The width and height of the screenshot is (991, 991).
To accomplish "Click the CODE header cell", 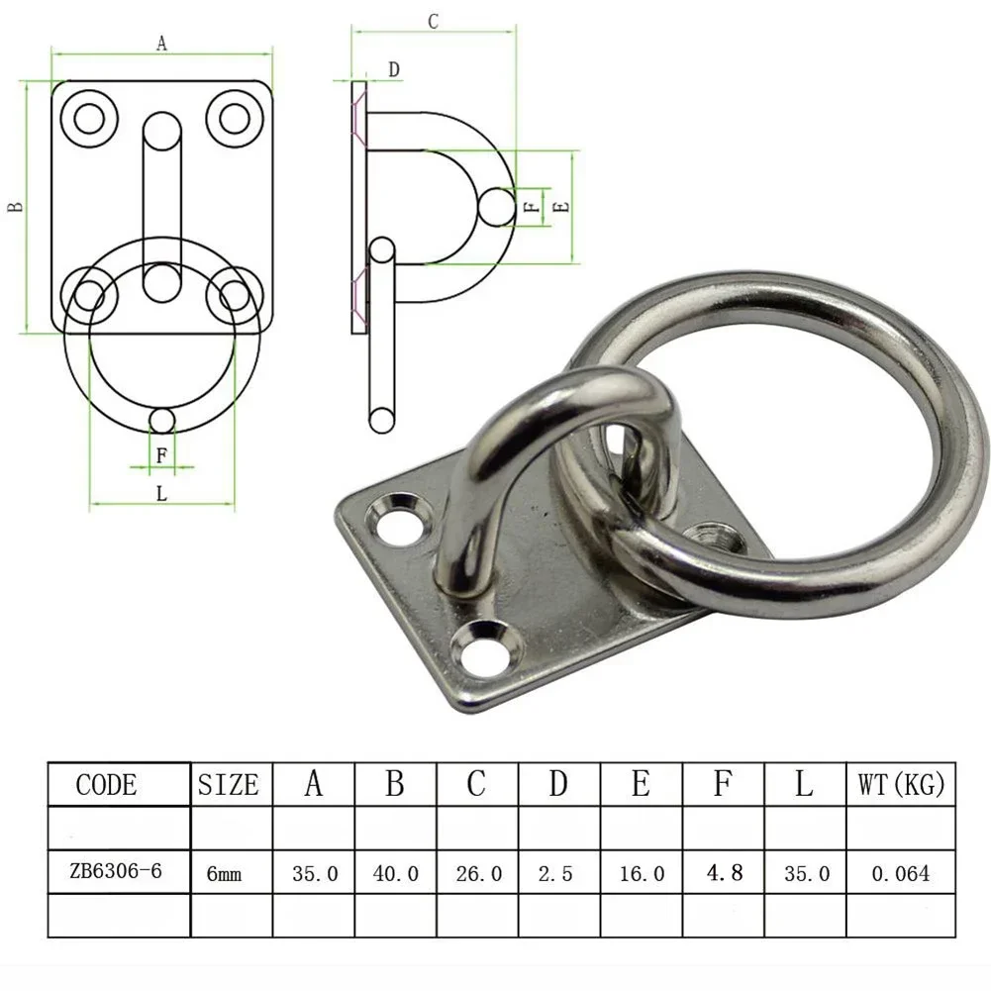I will click(x=107, y=785).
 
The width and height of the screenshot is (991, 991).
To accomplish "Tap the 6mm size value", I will click(x=223, y=874).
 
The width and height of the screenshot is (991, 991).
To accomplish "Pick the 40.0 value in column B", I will click(x=395, y=873).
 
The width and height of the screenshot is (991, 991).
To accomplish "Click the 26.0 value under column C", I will click(x=477, y=873).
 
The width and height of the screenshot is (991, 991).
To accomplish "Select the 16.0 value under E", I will click(x=641, y=873).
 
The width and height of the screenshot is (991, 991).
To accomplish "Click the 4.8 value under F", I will click(x=723, y=872).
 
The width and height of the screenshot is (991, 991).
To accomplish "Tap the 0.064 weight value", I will click(x=900, y=873).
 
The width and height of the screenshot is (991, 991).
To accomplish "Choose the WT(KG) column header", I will click(x=901, y=785).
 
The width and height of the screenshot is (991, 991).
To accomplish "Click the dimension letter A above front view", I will click(x=161, y=43).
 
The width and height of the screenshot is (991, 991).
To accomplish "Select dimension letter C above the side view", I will click(x=433, y=22).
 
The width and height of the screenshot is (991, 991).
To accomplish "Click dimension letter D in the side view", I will click(x=393, y=69).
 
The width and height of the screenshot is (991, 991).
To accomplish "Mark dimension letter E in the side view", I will click(x=560, y=207).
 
